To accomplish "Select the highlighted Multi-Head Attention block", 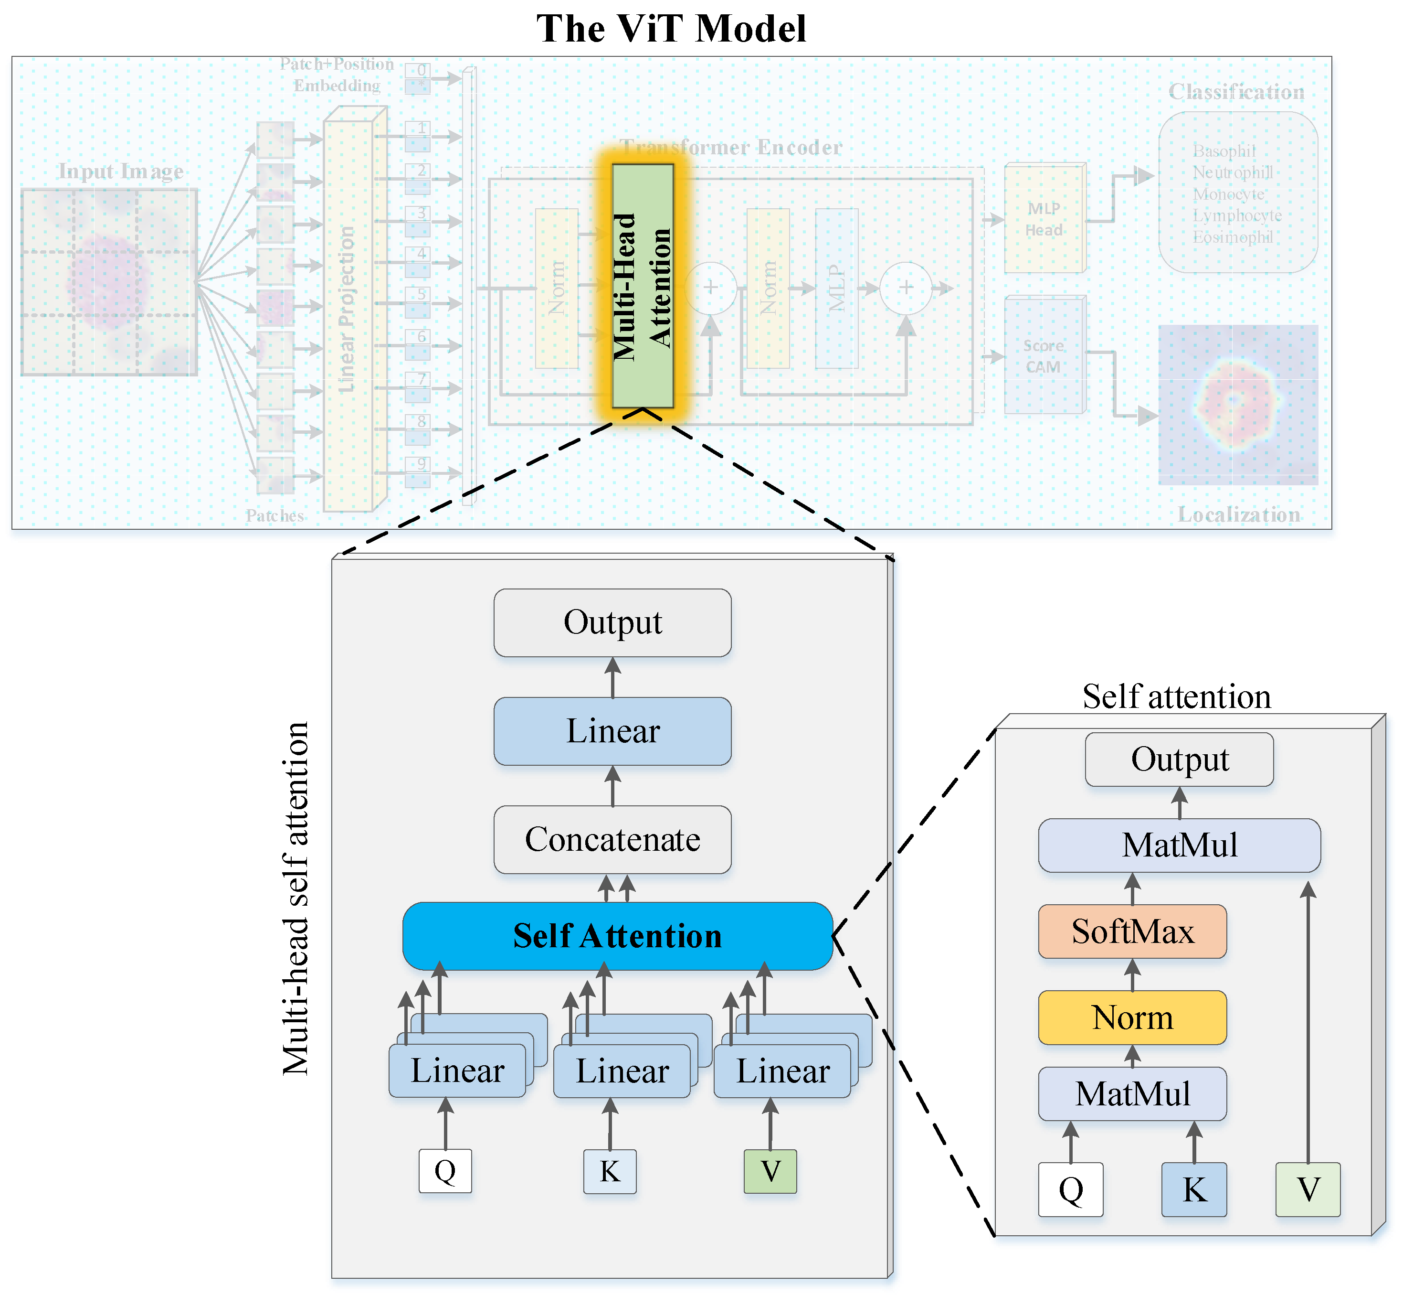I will click(643, 286).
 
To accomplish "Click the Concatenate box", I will click(612, 839).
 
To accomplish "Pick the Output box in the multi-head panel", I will click(612, 622).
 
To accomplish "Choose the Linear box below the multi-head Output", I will click(612, 731).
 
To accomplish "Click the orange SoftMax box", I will click(1132, 931).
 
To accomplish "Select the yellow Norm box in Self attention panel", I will click(1132, 1017).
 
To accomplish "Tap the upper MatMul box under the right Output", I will click(1180, 845).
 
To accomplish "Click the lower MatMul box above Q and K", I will click(1132, 1094).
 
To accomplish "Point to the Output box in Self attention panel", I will click(1180, 760).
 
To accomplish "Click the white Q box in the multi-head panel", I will click(445, 1171).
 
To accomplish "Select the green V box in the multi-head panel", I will click(770, 1171).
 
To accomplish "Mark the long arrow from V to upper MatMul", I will click(1308, 1023).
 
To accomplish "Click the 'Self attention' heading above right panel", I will click(1176, 696).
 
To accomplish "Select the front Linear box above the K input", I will click(621, 1071).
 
